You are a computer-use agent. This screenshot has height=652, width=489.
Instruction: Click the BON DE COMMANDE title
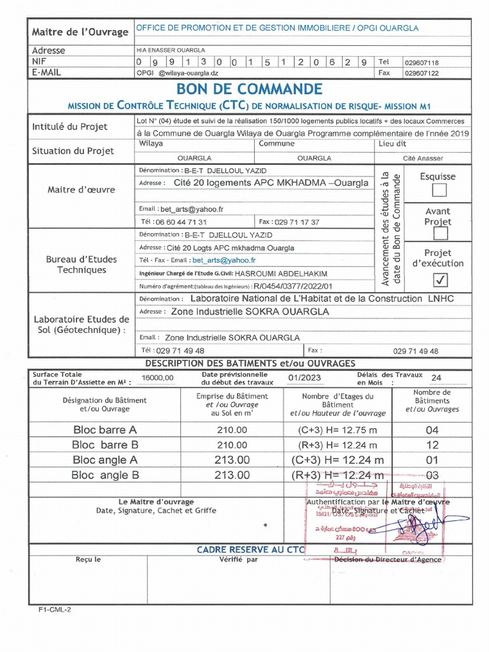[x=249, y=89]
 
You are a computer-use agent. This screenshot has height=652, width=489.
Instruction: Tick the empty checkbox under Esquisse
[x=439, y=190]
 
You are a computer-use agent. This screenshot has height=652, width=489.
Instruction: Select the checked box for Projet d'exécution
[x=439, y=280]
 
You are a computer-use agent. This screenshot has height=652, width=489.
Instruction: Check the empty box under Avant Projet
[x=439, y=236]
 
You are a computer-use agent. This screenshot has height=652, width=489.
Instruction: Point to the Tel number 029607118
[x=422, y=63]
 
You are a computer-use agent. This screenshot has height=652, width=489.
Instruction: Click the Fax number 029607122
[x=422, y=73]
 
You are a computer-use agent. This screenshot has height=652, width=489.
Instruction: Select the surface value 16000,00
[x=157, y=378]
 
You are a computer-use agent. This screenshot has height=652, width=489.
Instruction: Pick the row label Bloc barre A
[x=104, y=430]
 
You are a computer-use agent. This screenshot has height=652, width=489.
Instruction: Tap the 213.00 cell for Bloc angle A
[x=232, y=460]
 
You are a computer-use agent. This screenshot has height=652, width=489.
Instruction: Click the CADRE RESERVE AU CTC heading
[x=251, y=549]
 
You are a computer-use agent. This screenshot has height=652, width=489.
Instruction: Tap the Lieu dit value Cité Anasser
[x=423, y=158]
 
